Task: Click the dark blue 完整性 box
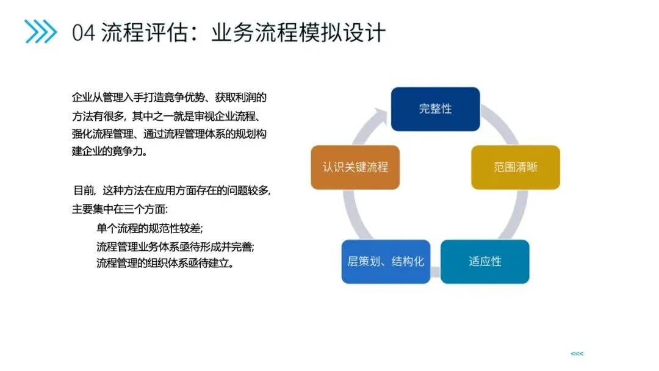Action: [435, 109]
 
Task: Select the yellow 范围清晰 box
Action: [515, 167]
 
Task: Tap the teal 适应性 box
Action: [484, 261]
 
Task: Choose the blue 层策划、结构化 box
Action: [386, 262]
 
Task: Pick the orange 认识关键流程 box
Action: [355, 167]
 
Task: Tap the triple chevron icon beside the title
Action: [40, 32]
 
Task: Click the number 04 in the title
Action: [84, 32]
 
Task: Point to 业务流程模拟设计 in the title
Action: [298, 32]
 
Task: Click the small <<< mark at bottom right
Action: [577, 354]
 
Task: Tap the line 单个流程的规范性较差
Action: [149, 229]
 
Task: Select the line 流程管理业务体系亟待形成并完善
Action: [175, 247]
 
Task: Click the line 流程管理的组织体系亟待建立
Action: [165, 264]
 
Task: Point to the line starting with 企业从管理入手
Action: [170, 98]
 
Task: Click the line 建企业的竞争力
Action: [110, 151]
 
